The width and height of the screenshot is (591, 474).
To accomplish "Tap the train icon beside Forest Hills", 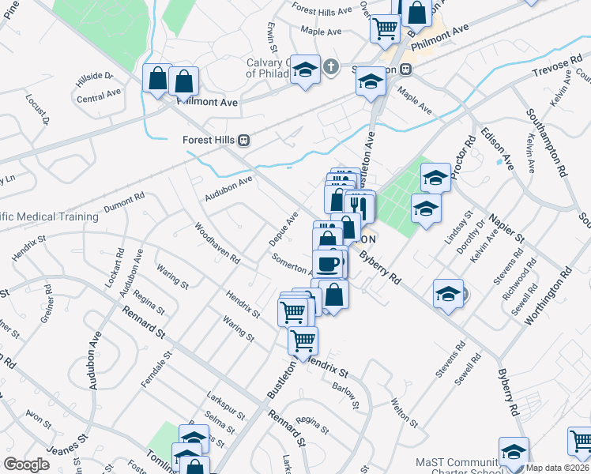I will (x=244, y=140).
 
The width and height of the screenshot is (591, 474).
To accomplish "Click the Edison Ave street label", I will (x=497, y=148).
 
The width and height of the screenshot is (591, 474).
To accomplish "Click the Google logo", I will (x=26, y=465).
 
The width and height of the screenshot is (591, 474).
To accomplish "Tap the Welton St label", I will (x=404, y=412).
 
